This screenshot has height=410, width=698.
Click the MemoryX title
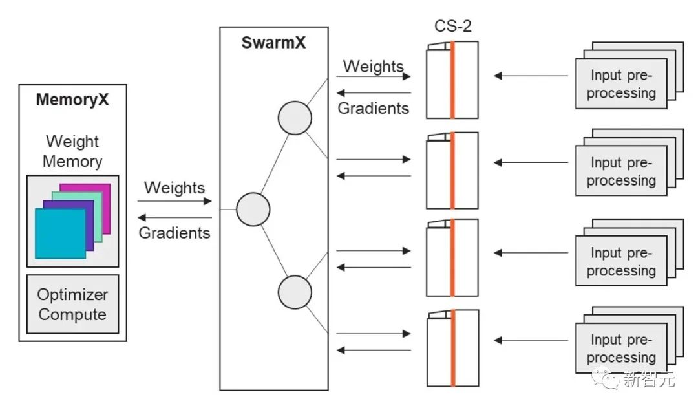coord(72,100)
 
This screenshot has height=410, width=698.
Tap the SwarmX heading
coord(273,43)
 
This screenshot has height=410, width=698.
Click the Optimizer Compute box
coord(72,305)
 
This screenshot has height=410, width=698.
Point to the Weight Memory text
coord(72,151)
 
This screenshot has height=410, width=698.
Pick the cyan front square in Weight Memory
coord(60,233)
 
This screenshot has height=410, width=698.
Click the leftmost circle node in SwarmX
coord(253,210)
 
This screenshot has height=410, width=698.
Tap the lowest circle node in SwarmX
coord(295,292)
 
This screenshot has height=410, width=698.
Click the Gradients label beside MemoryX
coord(174,233)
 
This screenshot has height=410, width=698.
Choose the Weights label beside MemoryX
coord(174,188)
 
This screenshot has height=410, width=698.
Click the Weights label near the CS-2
coord(373,66)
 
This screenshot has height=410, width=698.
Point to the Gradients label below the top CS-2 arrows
coord(374,108)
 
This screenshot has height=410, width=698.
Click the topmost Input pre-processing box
coord(621,85)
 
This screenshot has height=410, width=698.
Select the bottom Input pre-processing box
coord(621,349)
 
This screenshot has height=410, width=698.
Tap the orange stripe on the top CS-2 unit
coord(452,80)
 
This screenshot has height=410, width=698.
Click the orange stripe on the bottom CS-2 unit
coord(452,349)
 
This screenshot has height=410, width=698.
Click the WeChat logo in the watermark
coord(609,379)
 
